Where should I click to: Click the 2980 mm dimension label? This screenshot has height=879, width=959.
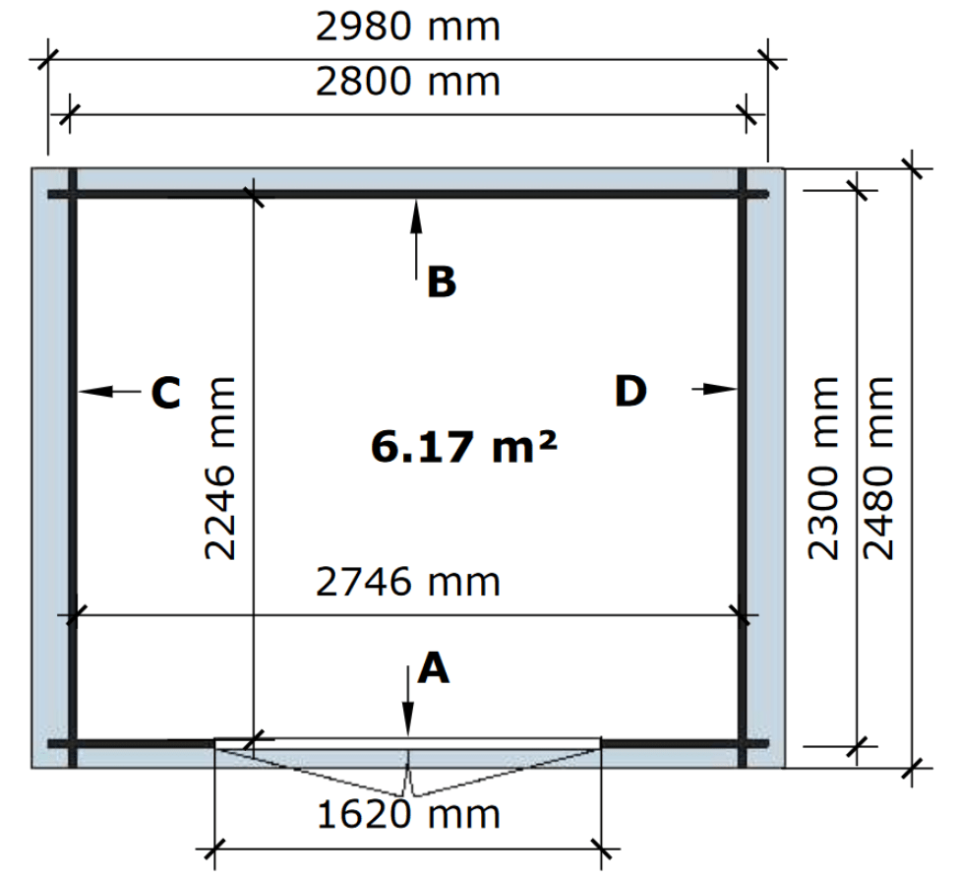tap(408, 28)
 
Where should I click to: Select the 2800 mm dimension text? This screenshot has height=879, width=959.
tap(408, 82)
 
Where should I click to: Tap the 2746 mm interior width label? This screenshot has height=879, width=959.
tap(408, 582)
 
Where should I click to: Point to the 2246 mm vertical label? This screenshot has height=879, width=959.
tap(219, 469)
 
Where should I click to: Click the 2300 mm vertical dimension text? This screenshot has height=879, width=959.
tap(823, 469)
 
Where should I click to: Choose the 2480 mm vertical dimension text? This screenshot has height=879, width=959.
tap(877, 469)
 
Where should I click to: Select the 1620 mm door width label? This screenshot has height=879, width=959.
tap(408, 815)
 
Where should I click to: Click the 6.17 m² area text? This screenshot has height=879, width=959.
tap(463, 446)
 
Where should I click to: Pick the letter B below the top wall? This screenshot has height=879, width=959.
tap(442, 283)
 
